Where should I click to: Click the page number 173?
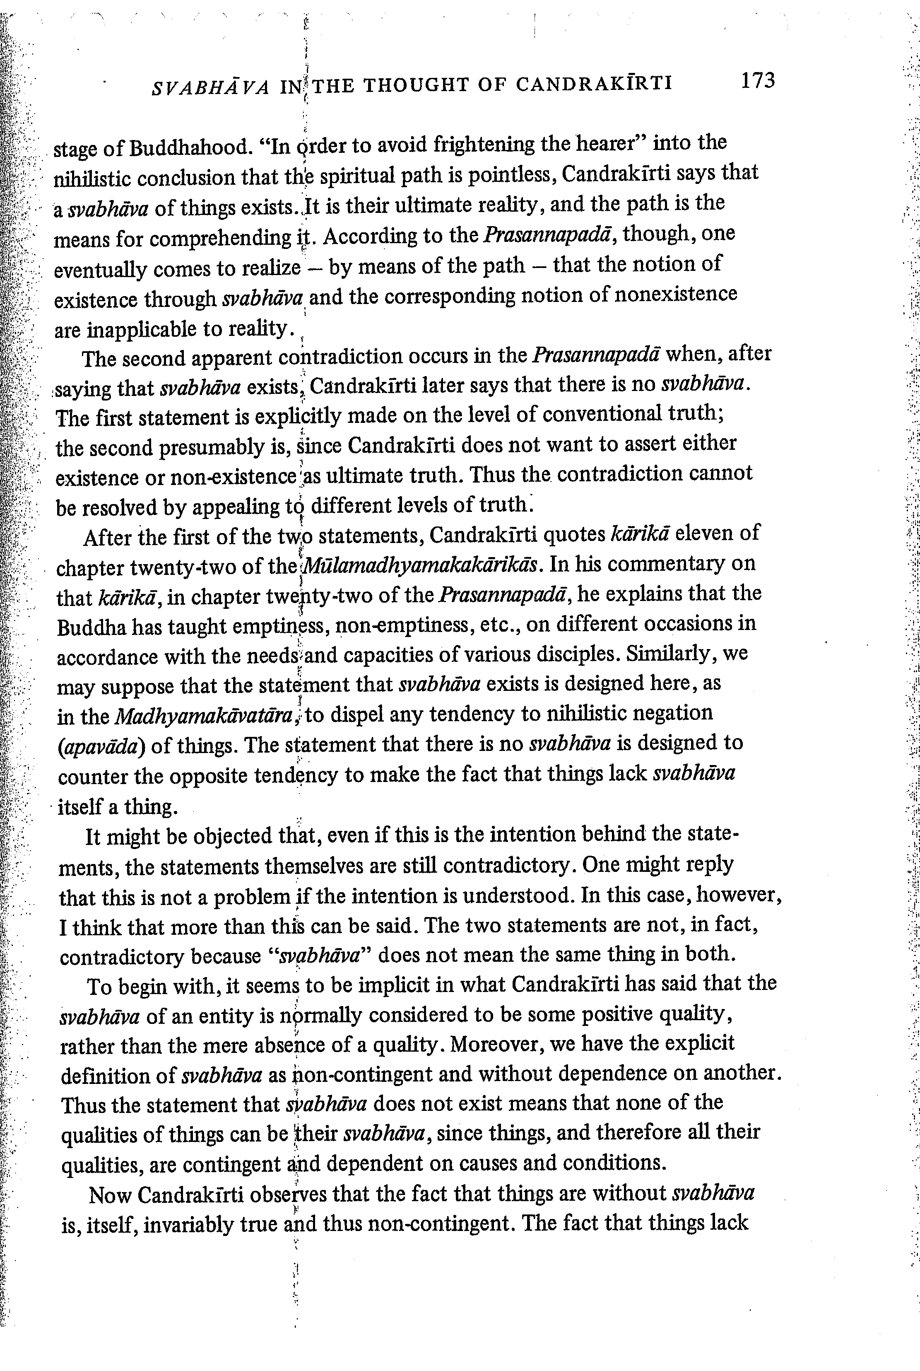[757, 80]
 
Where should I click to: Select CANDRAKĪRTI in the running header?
[594, 84]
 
